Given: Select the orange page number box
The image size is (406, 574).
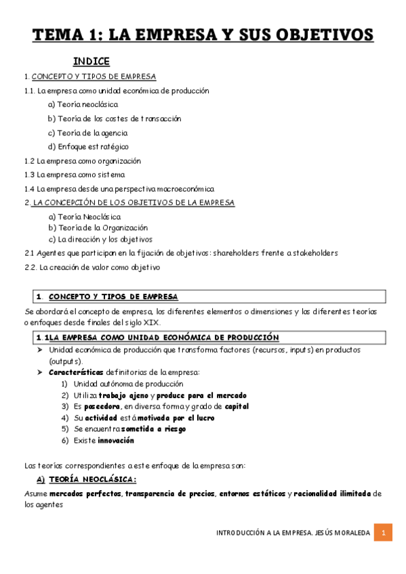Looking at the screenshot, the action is coord(383,533).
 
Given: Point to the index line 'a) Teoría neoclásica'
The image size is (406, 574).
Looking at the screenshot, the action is coord(83,104).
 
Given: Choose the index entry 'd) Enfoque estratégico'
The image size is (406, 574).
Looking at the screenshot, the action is coord(88,146).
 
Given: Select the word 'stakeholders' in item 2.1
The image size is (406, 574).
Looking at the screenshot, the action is coord(310,252).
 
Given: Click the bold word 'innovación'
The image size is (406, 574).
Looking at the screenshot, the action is coord(115,441).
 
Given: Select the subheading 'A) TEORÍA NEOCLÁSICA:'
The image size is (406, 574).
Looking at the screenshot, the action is coord(86,479).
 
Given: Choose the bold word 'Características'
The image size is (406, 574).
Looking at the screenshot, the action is coord(76,372).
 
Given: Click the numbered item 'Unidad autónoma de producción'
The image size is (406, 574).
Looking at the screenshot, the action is coord(119,384).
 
